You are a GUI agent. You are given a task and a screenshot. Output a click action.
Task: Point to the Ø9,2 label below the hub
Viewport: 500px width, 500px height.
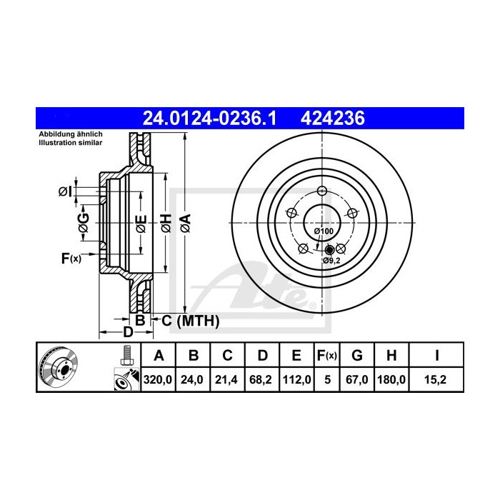click(x=331, y=261)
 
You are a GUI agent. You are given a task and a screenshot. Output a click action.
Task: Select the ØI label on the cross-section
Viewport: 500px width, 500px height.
click(x=64, y=191)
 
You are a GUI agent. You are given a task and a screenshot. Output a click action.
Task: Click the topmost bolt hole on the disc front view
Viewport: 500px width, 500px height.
click(x=321, y=190)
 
